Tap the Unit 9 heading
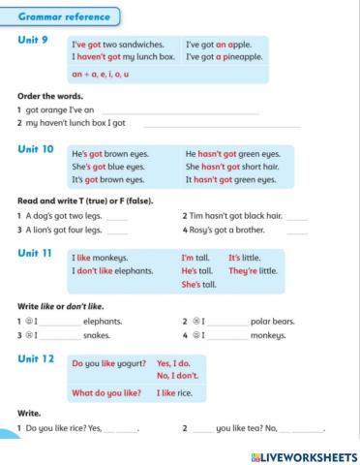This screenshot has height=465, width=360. point(34,42)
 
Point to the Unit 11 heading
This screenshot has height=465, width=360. point(37,251)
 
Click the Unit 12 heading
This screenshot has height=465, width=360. point(37,357)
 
